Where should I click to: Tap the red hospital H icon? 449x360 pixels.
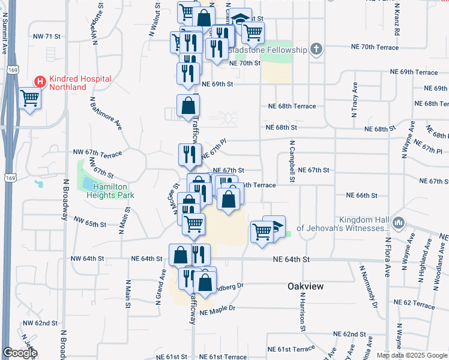39,81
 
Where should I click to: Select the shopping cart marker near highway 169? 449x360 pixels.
29,98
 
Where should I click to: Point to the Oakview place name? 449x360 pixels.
306,286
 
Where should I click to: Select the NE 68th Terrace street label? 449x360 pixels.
292,106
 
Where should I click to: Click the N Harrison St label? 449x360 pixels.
303,312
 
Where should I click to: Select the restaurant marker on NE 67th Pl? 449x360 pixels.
188,154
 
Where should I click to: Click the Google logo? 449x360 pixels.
20,353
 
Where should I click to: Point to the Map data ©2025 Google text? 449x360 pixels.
412,355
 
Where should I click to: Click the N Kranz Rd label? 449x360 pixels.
398,17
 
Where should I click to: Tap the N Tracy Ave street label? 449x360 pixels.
355,99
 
